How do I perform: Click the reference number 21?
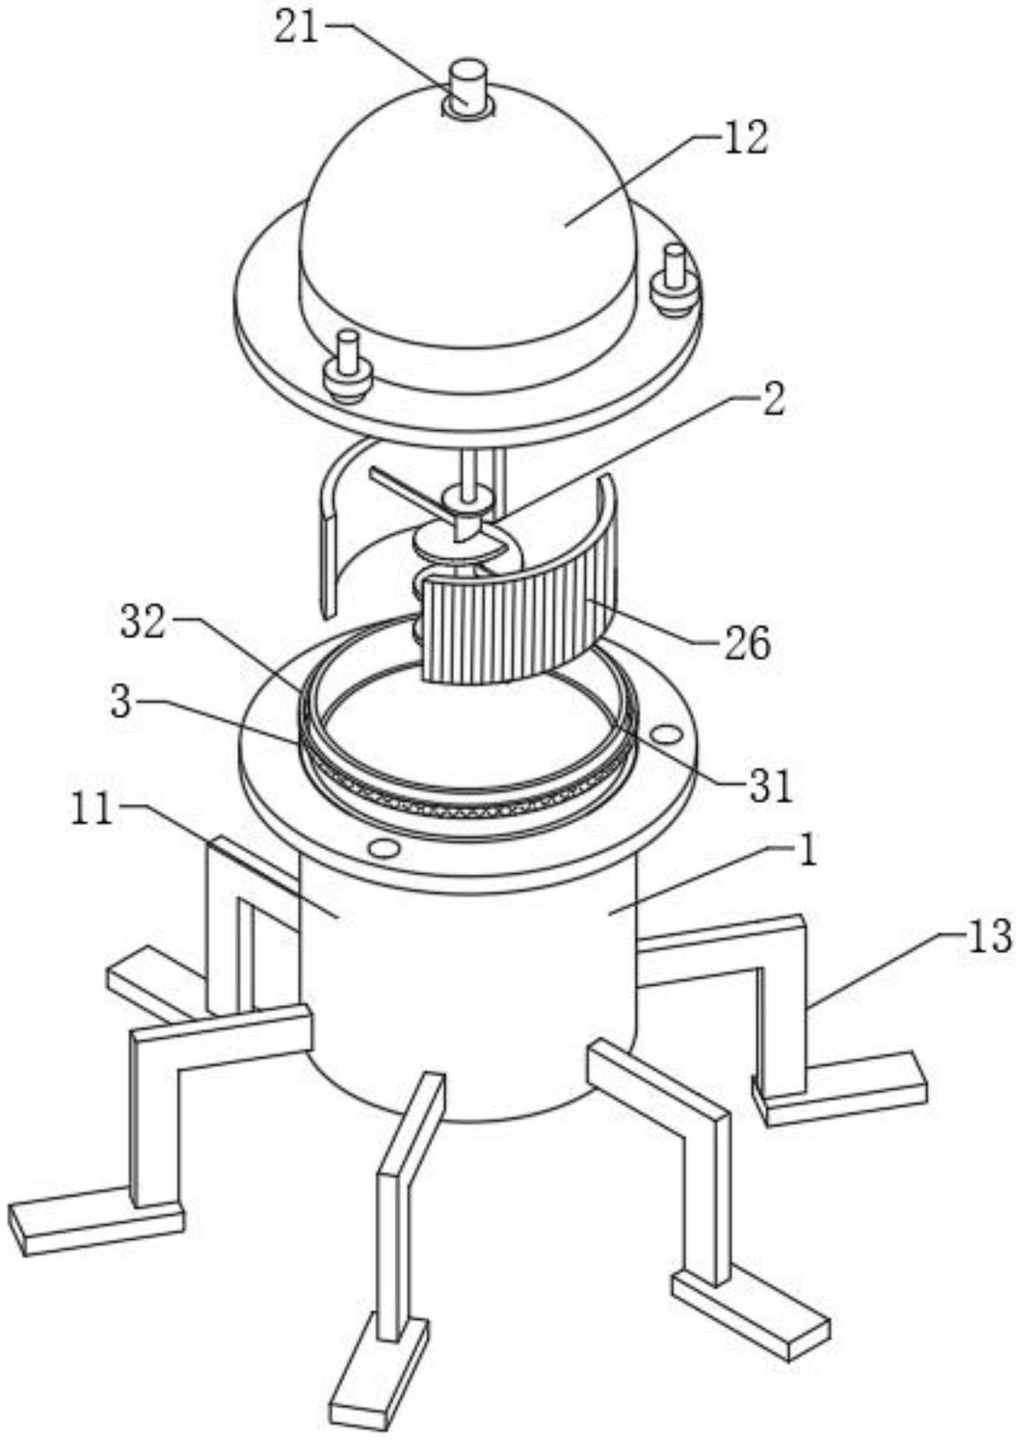point(296,30)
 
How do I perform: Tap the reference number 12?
point(745,139)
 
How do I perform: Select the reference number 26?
point(747,643)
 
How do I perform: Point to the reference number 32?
point(143,624)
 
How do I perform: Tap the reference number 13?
point(988,937)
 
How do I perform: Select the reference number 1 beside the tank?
point(809,851)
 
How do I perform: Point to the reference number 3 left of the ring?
point(120,703)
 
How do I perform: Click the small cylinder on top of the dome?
point(468,89)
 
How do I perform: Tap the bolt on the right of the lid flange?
point(674,281)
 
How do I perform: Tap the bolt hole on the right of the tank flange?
point(666,734)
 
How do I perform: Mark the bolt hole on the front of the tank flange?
point(383,847)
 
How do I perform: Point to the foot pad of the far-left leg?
point(96,1227)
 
